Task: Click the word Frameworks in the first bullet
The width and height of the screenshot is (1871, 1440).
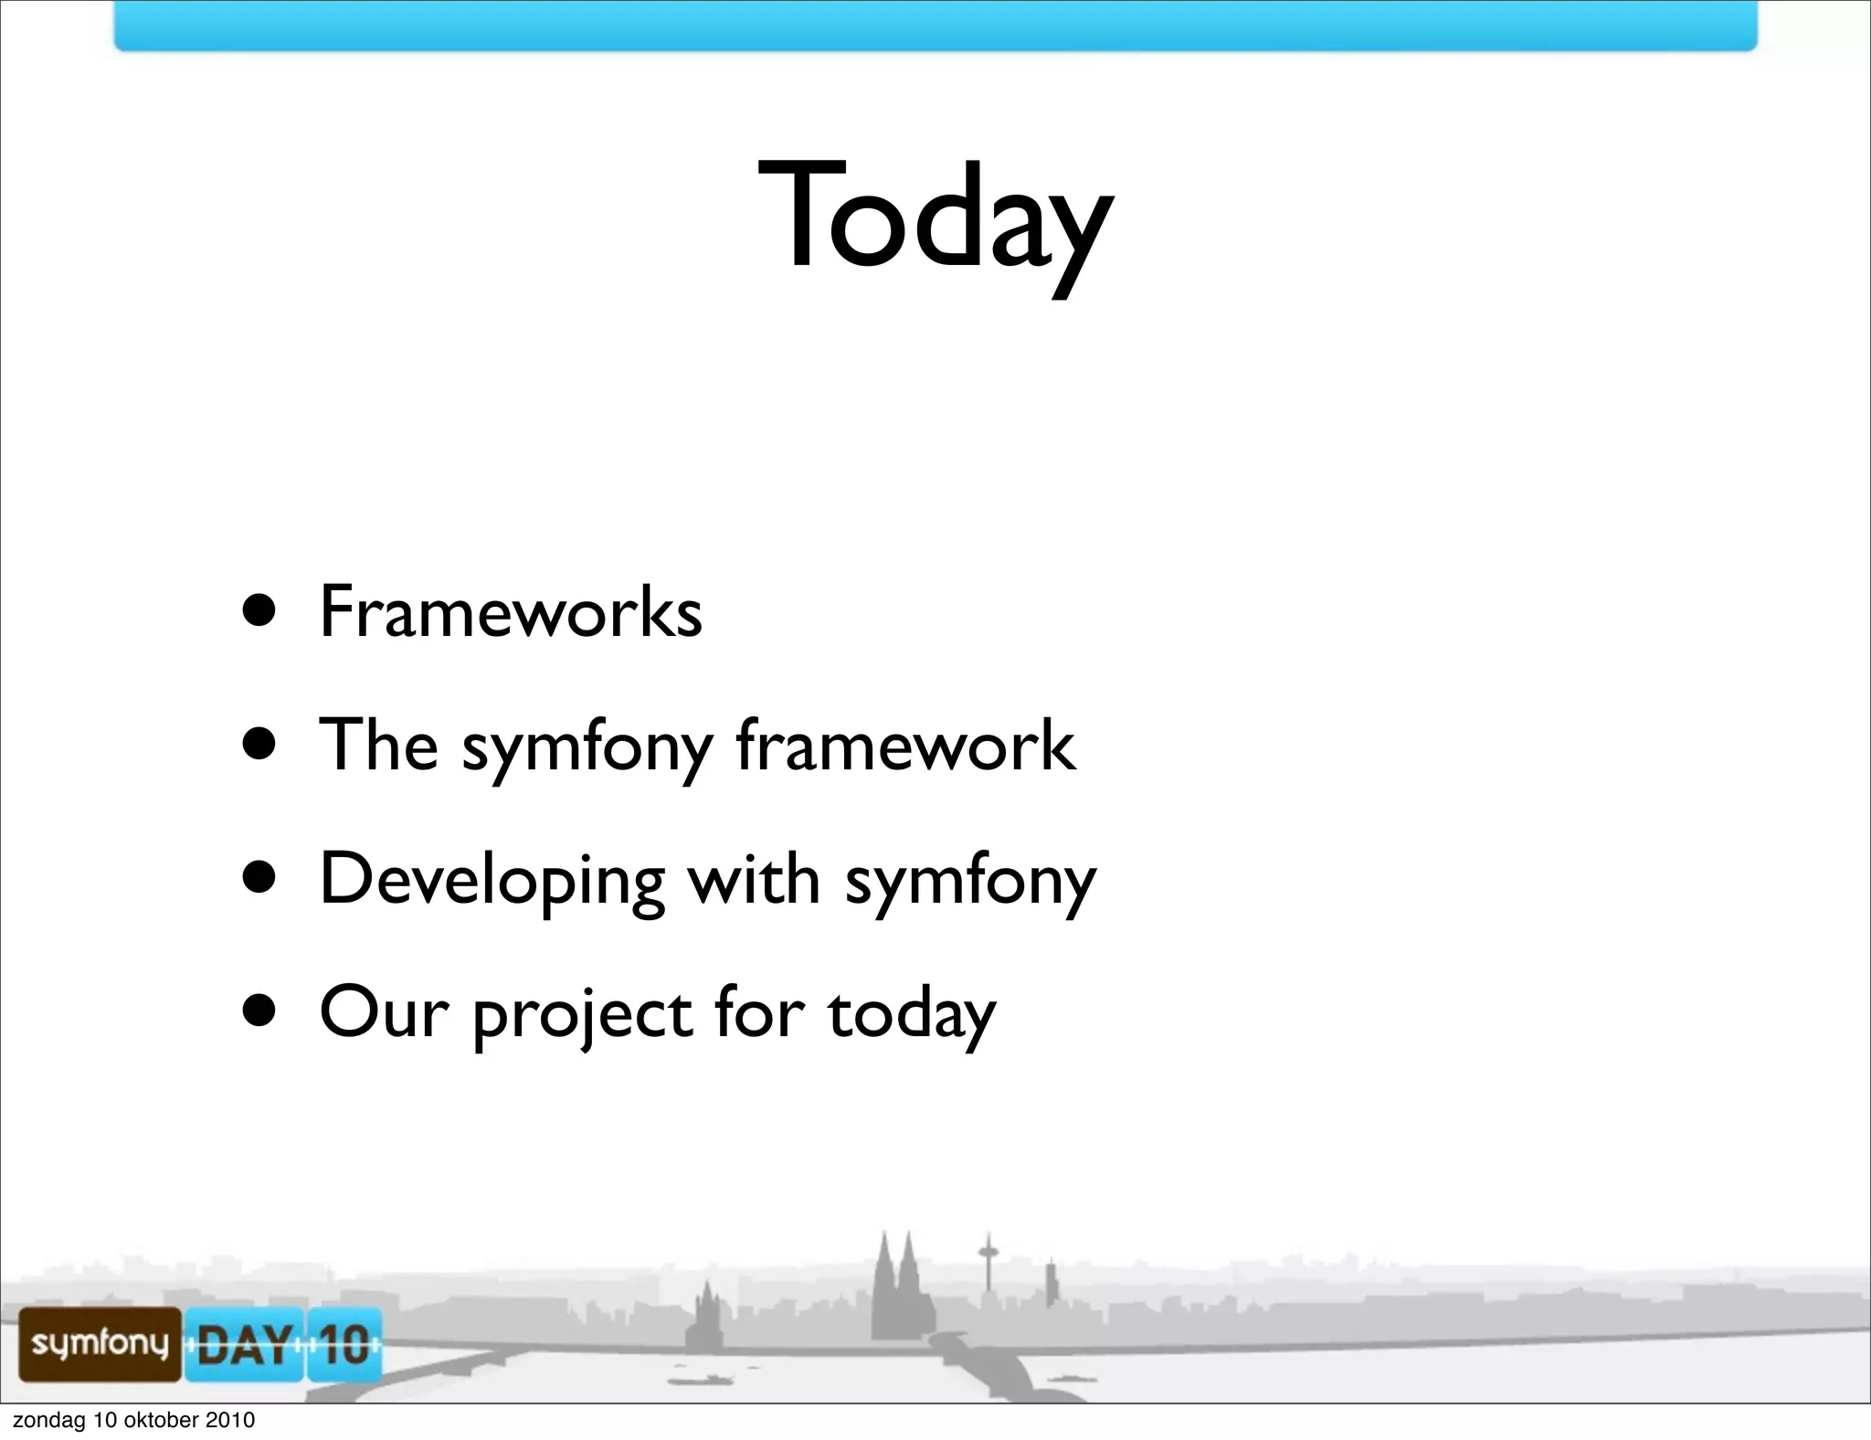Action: tap(511, 611)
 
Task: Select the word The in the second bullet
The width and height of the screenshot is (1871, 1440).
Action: tap(378, 745)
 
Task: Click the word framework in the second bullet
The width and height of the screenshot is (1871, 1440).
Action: tap(905, 745)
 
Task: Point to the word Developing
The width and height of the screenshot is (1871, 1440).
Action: tap(492, 880)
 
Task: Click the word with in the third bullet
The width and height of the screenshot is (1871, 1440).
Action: tap(754, 879)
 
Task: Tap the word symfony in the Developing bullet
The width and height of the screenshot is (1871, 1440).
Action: tap(970, 880)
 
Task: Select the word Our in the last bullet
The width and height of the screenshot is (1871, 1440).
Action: tap(384, 1012)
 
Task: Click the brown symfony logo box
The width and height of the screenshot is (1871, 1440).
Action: tap(100, 1343)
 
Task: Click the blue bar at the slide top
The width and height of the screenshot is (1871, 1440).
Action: tap(935, 25)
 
